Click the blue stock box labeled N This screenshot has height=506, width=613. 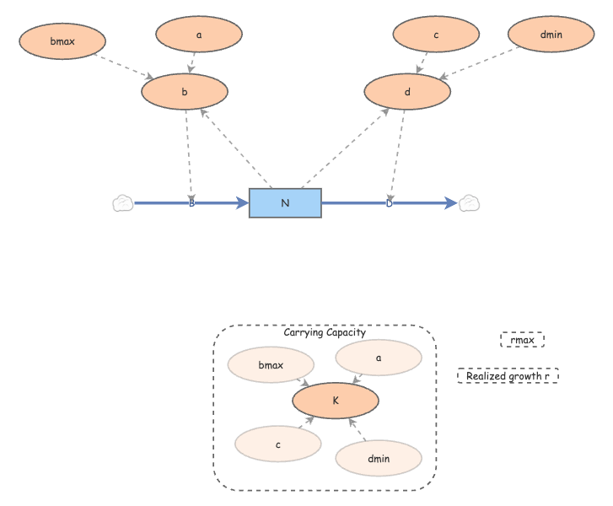[285, 203]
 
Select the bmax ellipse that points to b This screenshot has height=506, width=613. [62, 40]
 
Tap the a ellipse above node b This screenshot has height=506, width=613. [199, 35]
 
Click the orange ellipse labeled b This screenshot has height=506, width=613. [185, 92]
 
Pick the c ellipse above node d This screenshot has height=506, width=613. [436, 35]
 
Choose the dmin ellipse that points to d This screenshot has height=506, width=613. [551, 35]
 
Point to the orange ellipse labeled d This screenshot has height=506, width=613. [407, 92]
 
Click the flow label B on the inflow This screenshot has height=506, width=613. [191, 203]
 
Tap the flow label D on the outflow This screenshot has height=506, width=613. [390, 203]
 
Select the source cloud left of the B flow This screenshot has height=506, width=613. [123, 203]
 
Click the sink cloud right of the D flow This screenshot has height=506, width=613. [470, 203]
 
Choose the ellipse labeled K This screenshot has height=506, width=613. [336, 401]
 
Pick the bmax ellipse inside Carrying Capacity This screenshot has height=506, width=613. [271, 366]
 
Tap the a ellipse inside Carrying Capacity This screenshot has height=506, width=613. [379, 358]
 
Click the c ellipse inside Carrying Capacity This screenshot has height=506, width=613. [277, 443]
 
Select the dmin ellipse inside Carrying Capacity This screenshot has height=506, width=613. [379, 458]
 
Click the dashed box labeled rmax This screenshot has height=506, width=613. [522, 340]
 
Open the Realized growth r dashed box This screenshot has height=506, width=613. [508, 376]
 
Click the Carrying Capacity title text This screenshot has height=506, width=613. [325, 333]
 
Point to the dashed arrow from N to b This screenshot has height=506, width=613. [236, 148]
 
